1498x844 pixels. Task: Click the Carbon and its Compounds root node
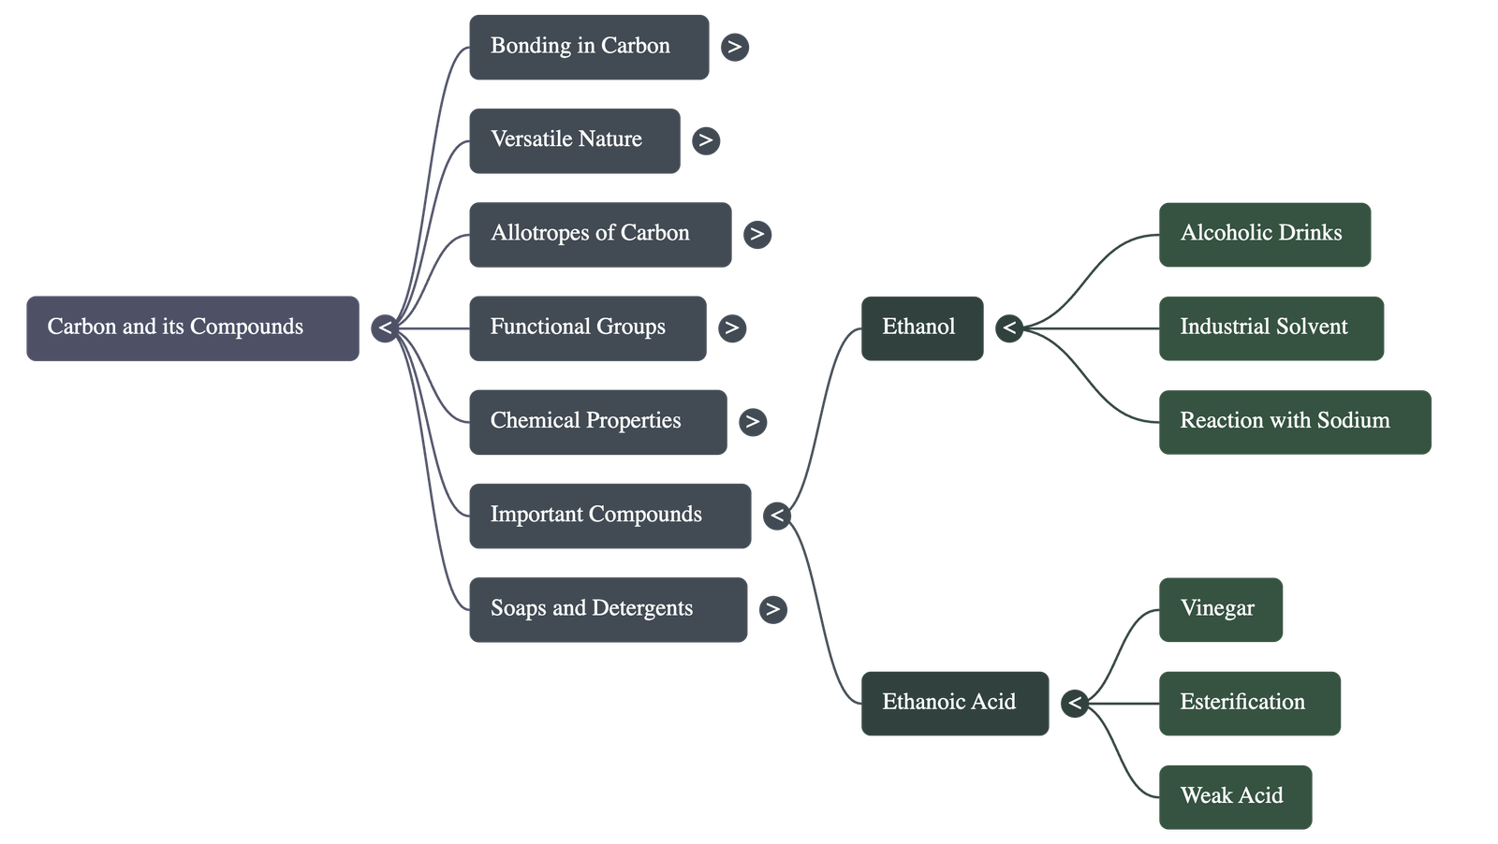click(192, 327)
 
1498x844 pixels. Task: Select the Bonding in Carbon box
click(588, 47)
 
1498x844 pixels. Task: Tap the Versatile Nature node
click(574, 140)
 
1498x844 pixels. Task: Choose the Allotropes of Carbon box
click(599, 234)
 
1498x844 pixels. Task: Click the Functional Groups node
click(587, 327)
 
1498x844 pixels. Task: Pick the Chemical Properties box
click(596, 421)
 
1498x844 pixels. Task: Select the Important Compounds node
click(609, 515)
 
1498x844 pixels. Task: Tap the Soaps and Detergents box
click(607, 609)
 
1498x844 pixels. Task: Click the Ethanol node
click(921, 327)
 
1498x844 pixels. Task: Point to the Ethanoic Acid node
click(954, 703)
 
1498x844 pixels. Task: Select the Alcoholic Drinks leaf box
click(1264, 234)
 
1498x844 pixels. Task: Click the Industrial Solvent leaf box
click(1270, 327)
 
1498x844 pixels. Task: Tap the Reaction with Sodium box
click(1294, 421)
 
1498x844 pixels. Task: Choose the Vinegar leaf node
click(1220, 609)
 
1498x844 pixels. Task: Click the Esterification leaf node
click(1249, 703)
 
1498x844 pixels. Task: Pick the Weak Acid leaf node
click(1234, 796)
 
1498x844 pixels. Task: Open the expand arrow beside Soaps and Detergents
click(772, 609)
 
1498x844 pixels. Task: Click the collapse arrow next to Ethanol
click(1008, 327)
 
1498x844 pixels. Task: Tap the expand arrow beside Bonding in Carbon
click(735, 47)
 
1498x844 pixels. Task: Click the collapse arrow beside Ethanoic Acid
click(1074, 703)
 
